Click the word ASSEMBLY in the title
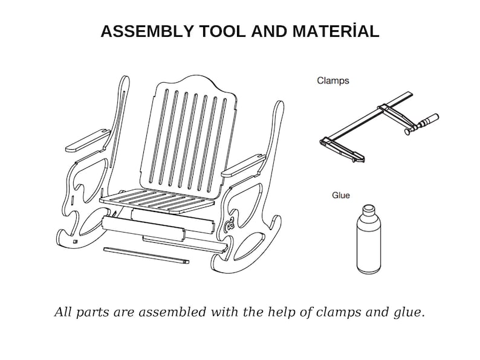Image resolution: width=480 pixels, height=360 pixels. tap(147, 31)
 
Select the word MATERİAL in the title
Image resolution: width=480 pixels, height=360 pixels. tap(336, 31)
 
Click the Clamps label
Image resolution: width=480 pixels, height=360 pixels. tap(332, 81)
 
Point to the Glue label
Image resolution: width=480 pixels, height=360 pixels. tap(341, 195)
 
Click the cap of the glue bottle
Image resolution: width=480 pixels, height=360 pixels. tap(369, 210)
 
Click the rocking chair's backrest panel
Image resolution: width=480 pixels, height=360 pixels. tap(189, 135)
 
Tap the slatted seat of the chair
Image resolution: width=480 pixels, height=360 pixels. tap(157, 201)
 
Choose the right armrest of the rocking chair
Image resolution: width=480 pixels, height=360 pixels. tap(244, 166)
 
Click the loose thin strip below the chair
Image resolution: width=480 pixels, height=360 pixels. tap(146, 256)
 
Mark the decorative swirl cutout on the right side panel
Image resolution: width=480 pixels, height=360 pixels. tap(229, 224)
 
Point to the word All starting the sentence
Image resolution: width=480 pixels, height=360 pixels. tap(63, 312)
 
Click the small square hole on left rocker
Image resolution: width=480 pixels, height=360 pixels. tap(76, 242)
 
